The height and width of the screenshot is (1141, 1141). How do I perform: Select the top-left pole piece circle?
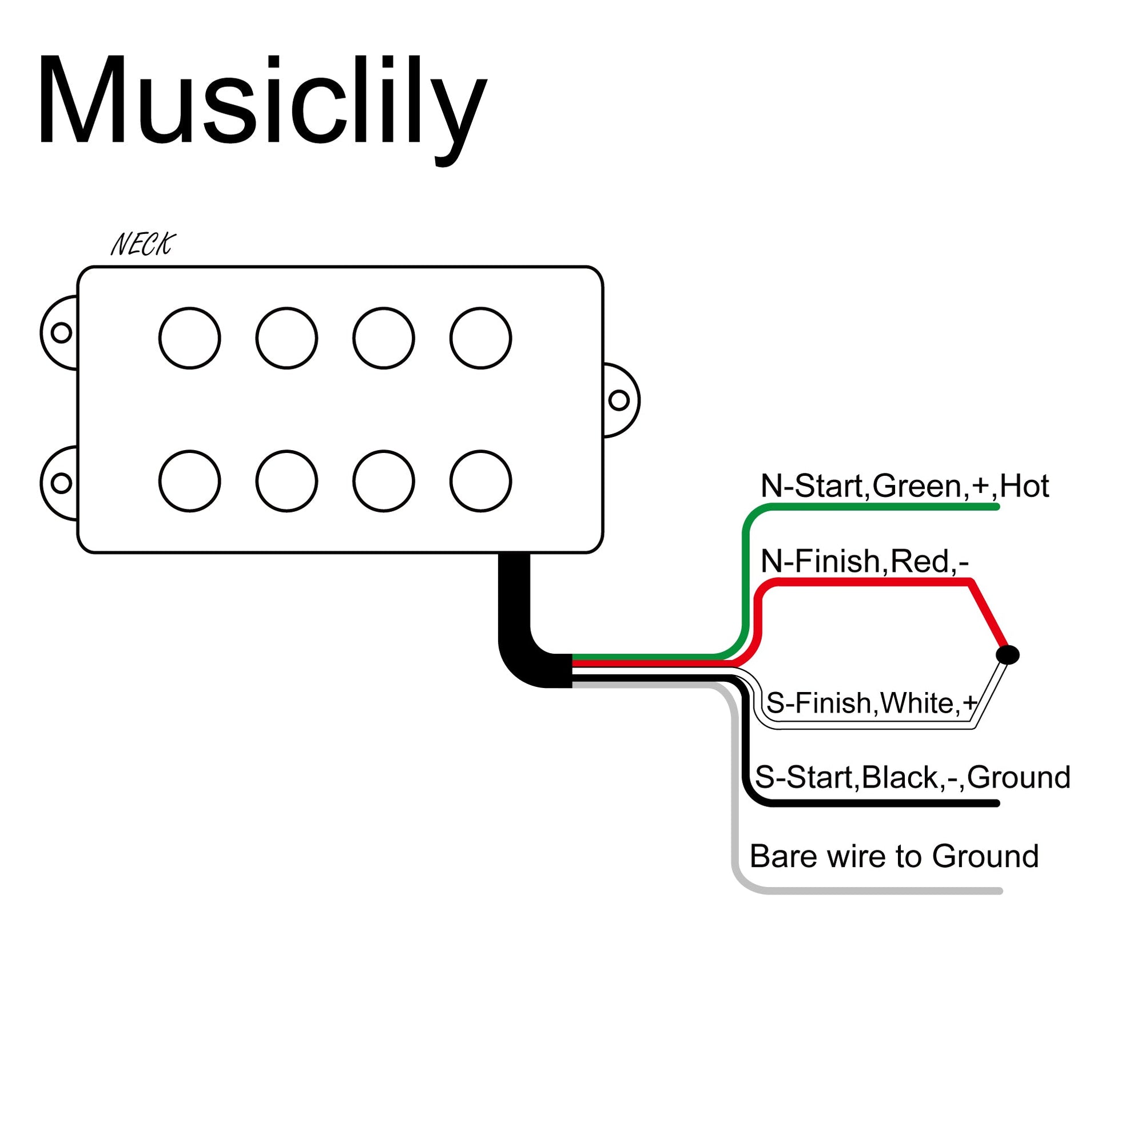point(189,339)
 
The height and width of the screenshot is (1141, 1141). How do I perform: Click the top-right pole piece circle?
point(481,339)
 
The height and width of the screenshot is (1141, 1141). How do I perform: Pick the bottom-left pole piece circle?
point(189,482)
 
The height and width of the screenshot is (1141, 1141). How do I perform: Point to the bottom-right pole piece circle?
point(481,482)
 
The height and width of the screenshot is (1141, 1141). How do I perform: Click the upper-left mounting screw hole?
point(61,332)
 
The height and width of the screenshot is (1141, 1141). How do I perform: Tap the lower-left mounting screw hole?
point(61,483)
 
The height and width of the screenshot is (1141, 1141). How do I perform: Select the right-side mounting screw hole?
point(619,400)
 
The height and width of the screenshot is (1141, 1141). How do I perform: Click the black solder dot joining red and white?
point(1008,654)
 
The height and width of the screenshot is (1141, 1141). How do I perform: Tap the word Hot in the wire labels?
point(1024,487)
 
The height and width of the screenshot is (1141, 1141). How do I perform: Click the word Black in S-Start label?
point(900,778)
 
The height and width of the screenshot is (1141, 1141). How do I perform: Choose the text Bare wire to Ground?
point(893,856)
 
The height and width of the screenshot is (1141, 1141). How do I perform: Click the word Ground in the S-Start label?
point(1019,778)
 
